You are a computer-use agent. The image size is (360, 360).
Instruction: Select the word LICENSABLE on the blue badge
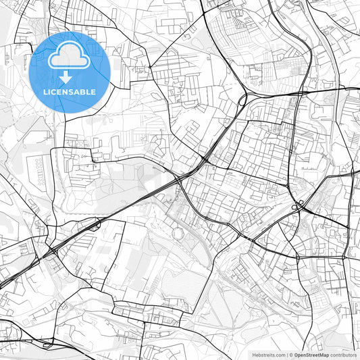click(70, 91)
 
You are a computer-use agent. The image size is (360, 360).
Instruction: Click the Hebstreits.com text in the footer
click(269, 355)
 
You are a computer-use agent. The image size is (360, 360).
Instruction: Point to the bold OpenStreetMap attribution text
click(311, 355)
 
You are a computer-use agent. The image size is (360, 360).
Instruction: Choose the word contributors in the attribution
click(344, 355)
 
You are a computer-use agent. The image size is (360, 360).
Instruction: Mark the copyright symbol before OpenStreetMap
click(290, 355)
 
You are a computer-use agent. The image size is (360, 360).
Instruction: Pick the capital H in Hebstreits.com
click(254, 355)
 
